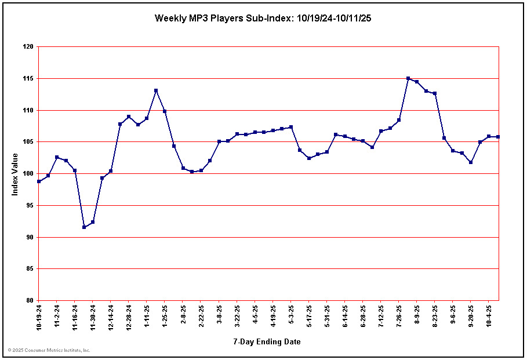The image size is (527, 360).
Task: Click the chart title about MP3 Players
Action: [263, 18]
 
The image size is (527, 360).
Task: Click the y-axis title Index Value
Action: [15, 174]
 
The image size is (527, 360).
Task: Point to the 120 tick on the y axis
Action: [27, 47]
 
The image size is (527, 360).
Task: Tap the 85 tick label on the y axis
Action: [28, 269]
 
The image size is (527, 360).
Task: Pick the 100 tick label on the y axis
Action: [27, 174]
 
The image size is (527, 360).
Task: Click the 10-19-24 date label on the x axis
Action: [39, 317]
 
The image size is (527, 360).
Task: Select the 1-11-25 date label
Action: [147, 316]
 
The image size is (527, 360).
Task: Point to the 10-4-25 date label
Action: [489, 316]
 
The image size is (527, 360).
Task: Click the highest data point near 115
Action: [408, 78]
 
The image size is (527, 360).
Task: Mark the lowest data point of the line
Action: [84, 227]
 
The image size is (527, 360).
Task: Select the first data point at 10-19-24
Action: [39, 181]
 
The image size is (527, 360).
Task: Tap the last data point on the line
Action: [498, 137]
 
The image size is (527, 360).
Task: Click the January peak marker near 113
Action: [156, 90]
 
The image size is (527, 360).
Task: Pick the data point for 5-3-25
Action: [291, 127]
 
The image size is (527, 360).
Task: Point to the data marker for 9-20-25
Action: [471, 162]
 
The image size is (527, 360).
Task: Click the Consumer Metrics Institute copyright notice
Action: [49, 350]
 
